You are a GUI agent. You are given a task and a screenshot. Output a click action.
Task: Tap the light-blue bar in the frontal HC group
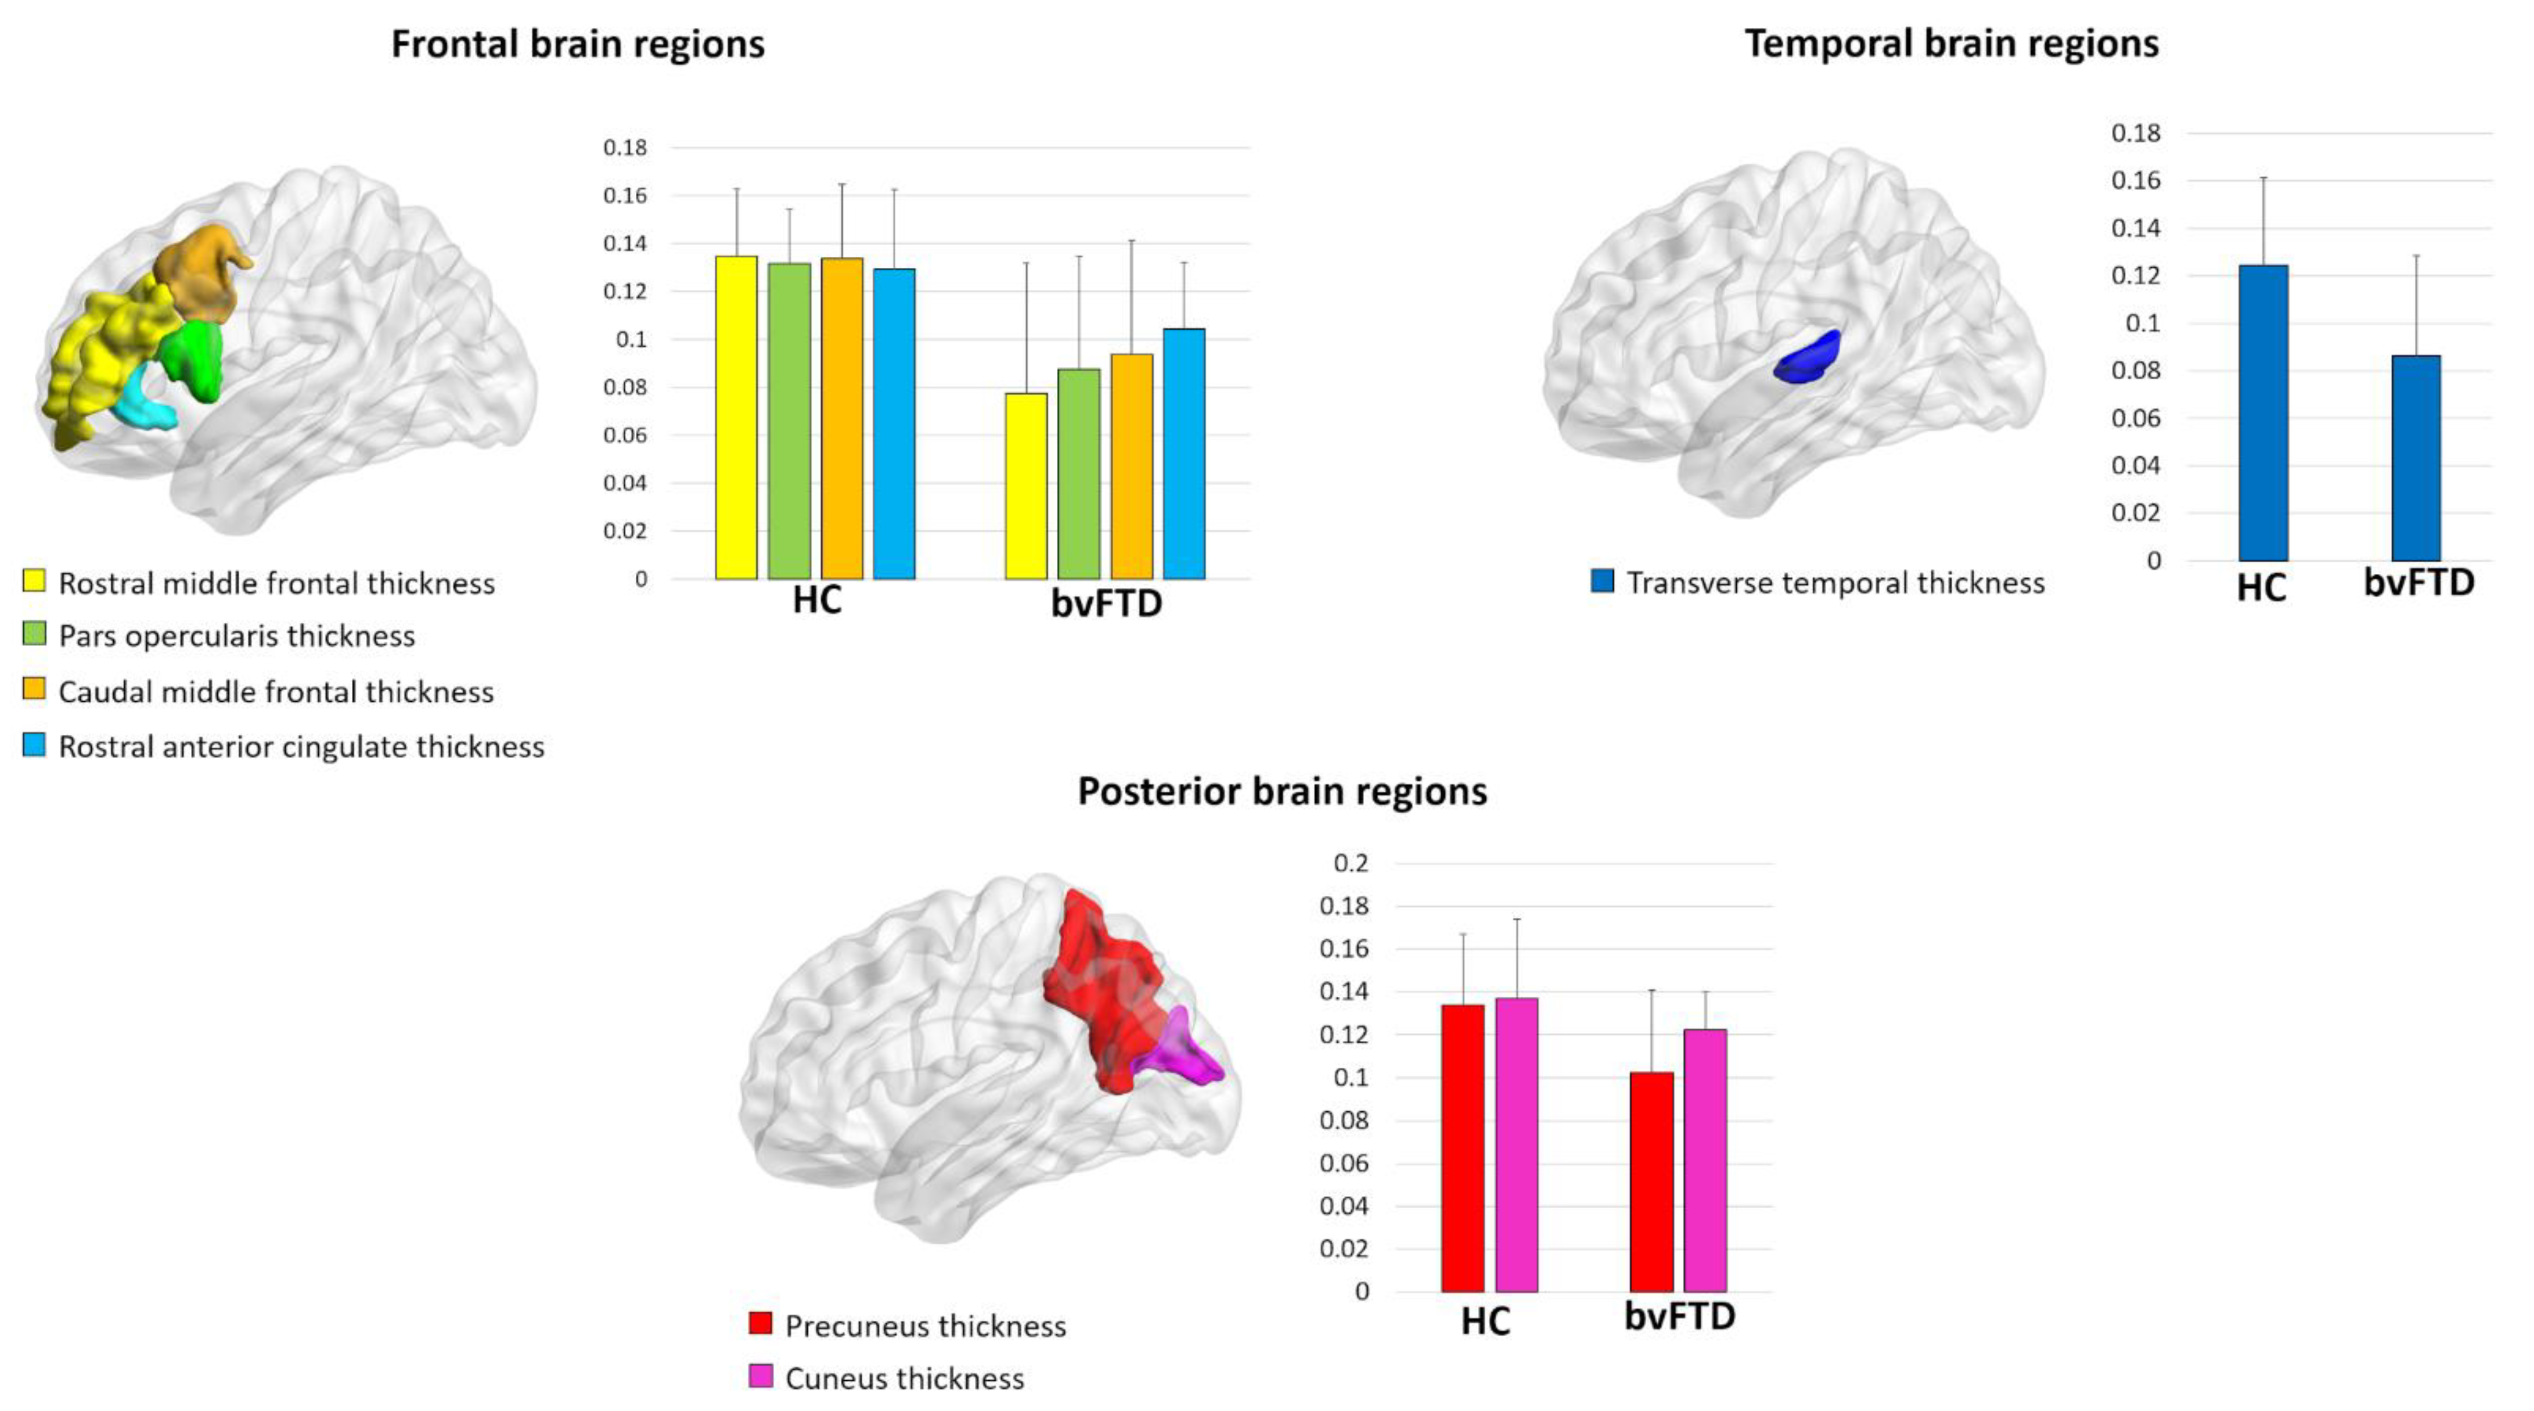click(894, 423)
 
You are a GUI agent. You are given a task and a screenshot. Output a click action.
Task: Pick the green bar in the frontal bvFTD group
click(1078, 473)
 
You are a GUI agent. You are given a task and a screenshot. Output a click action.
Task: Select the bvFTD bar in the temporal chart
click(2416, 458)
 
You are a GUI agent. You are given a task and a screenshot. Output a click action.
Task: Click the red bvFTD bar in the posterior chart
click(1651, 1182)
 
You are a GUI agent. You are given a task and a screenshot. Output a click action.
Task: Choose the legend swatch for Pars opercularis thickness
click(34, 634)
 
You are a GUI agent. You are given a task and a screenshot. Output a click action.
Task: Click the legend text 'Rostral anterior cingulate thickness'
click(301, 747)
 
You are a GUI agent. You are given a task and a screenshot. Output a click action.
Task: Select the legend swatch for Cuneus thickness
click(761, 1376)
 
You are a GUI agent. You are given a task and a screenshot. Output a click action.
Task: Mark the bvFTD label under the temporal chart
click(2418, 583)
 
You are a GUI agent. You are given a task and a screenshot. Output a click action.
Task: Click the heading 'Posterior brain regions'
click(1282, 791)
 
